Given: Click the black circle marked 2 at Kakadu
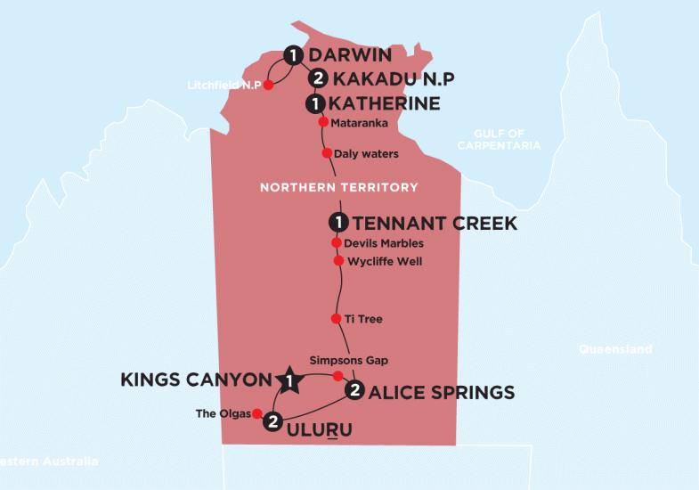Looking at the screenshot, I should (314, 79).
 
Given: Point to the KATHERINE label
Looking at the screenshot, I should (385, 104).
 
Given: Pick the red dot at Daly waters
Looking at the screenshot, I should (327, 153).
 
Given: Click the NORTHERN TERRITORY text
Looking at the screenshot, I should (338, 187).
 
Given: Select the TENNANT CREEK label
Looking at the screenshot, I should (435, 223).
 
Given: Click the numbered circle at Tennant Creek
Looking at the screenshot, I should (337, 223).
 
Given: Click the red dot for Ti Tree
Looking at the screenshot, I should (336, 318).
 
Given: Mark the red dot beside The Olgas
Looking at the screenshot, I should (256, 413).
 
